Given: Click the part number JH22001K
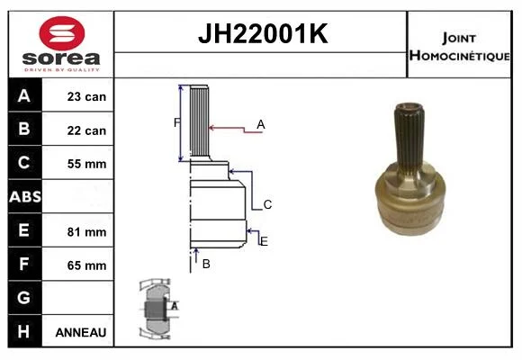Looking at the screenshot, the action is coord(263,33).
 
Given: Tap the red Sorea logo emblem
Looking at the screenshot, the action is coord(62,33).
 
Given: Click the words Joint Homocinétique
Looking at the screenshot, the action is coord(459,47).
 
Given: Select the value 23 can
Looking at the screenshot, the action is coord(86,96).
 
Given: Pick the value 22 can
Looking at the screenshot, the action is coord(86,130).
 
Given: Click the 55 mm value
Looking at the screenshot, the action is coord(86,164).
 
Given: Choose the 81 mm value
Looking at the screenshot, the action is coord(86,232).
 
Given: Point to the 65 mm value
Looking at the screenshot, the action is coord(86,265).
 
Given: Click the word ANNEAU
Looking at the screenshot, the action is coord(81,332).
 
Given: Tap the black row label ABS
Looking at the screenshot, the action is coord(25,197).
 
